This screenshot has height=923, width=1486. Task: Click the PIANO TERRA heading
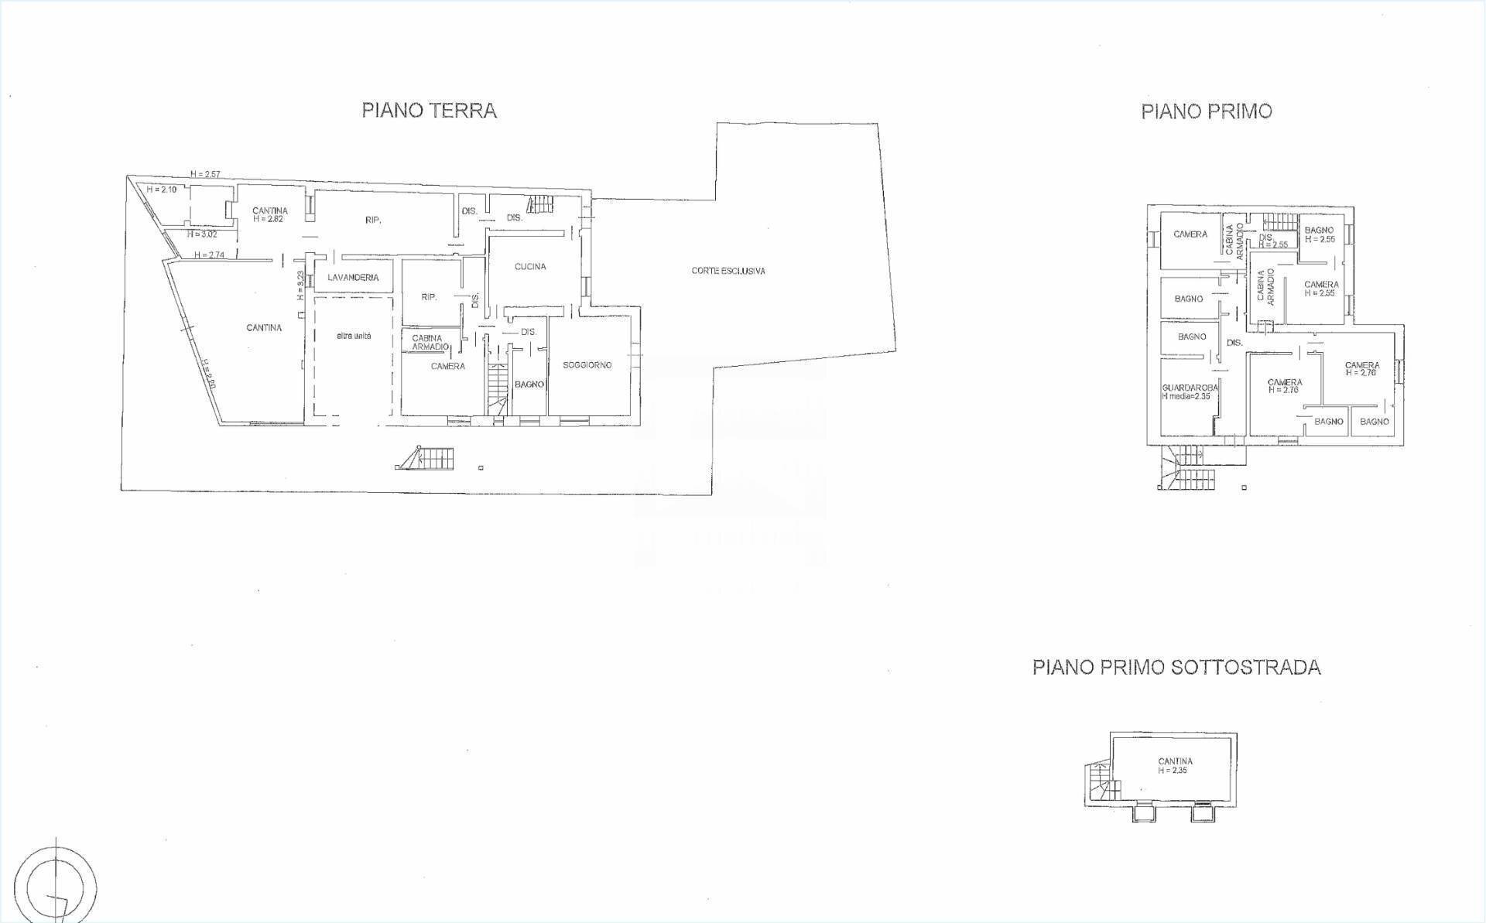[x=429, y=111]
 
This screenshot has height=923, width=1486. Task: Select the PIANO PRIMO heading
[x=1206, y=111]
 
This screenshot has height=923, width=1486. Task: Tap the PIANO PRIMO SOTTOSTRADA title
[x=1176, y=667]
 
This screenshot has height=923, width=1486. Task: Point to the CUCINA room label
[x=530, y=267]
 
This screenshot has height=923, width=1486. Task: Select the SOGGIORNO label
[x=587, y=365]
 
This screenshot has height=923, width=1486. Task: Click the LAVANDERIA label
[x=353, y=278]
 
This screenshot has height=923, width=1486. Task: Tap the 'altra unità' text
[x=354, y=337]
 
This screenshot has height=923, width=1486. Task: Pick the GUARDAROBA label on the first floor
[x=1190, y=388]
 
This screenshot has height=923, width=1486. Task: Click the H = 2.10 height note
[x=162, y=190]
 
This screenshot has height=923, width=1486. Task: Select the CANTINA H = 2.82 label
[x=270, y=214]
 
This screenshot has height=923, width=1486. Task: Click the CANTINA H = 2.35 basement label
[x=1175, y=765]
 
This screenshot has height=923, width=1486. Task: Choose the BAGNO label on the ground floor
[x=529, y=385]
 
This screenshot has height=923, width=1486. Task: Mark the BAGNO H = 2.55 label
[x=1319, y=234]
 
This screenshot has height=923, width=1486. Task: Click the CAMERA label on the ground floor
[x=447, y=367]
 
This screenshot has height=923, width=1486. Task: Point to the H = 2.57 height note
[x=206, y=174]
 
